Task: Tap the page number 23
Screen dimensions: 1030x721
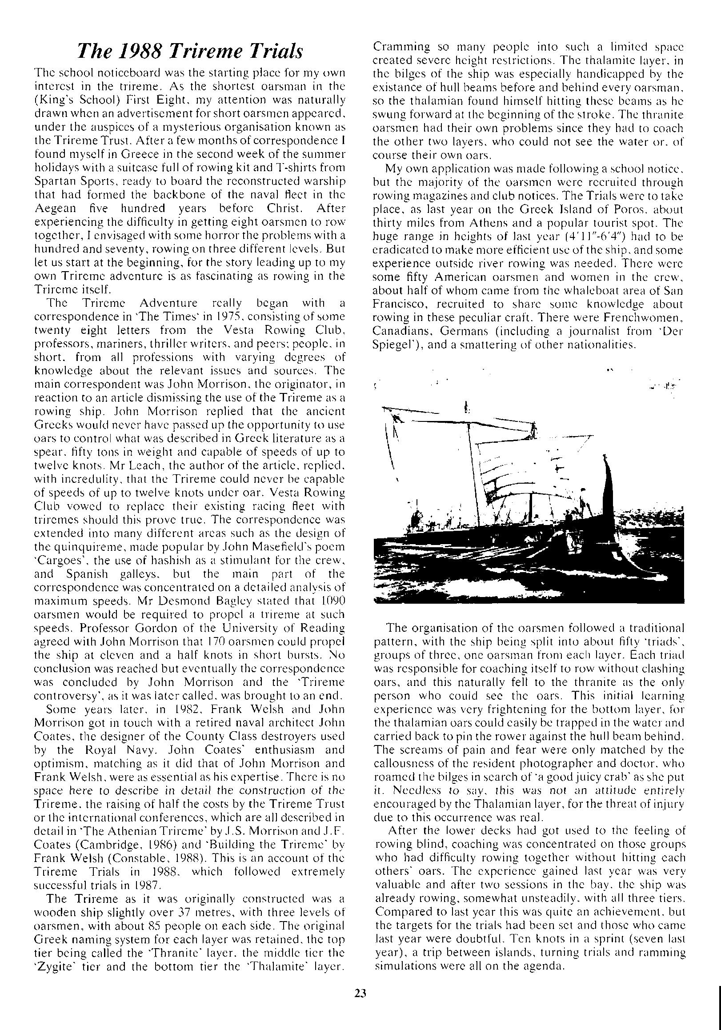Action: pyautogui.click(x=360, y=993)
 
